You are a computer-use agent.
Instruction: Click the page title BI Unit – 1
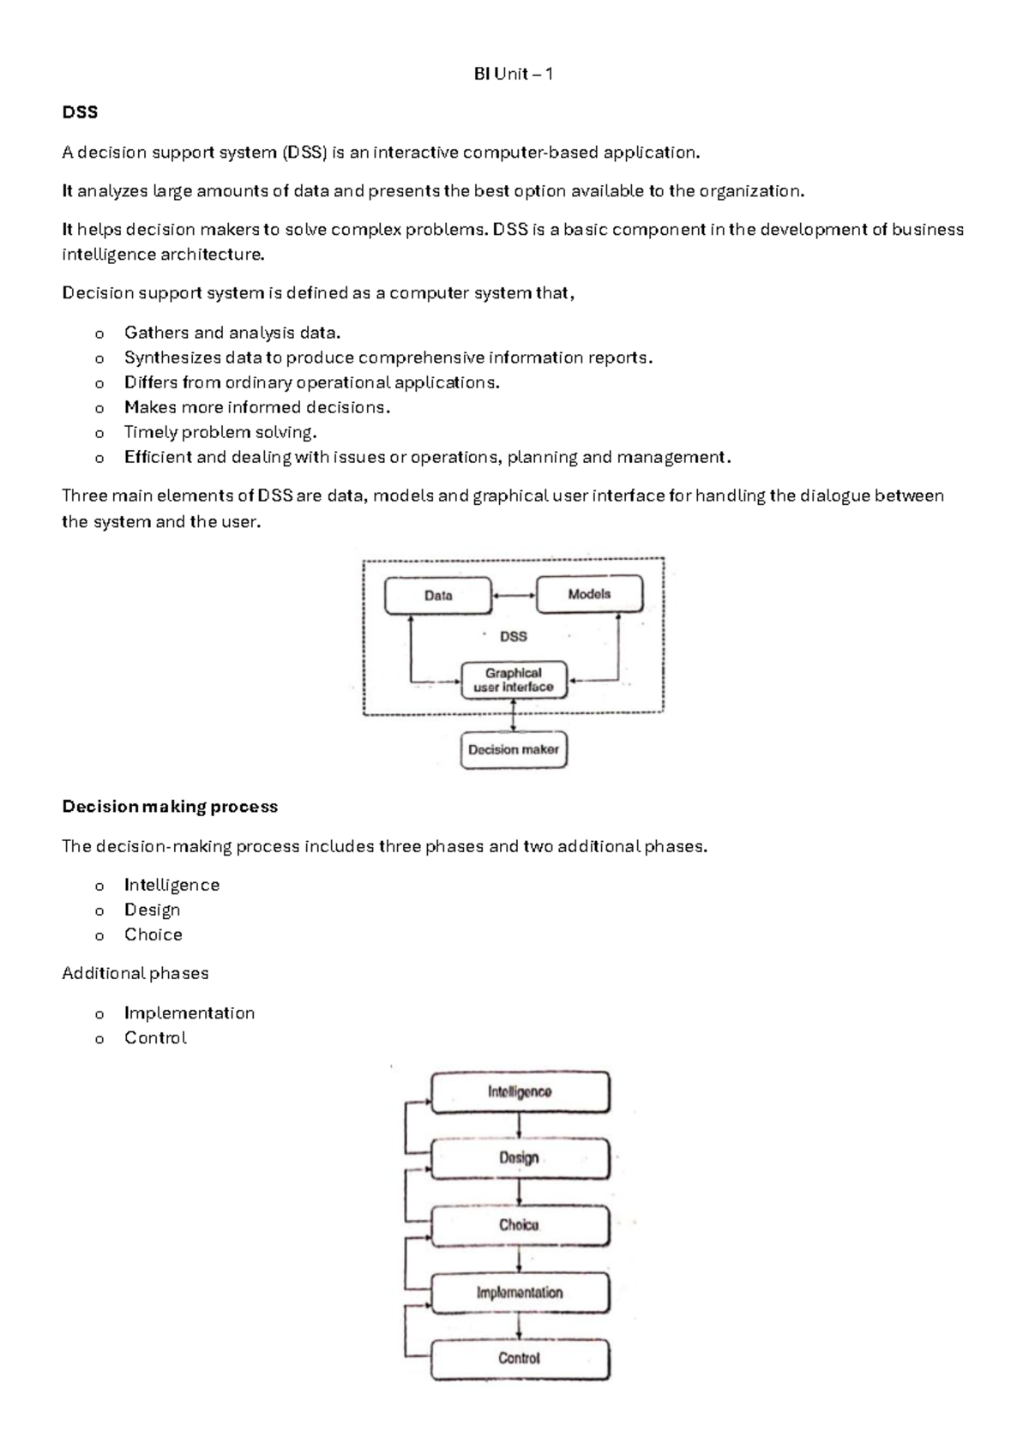(513, 74)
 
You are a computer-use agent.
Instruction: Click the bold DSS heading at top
(80, 112)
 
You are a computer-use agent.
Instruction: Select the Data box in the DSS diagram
(438, 595)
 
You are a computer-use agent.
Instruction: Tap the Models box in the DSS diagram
(589, 594)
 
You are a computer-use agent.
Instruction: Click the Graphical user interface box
(514, 680)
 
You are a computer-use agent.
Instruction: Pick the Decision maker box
(514, 749)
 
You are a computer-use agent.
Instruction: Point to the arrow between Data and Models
(514, 595)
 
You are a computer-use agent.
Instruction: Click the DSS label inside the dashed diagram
(513, 636)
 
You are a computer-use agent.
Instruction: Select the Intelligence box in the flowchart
(520, 1091)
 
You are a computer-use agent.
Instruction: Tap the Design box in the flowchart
(520, 1157)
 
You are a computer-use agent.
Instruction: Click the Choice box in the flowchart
(520, 1225)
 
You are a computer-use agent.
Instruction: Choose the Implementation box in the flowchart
(520, 1292)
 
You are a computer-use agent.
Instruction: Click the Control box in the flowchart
(520, 1358)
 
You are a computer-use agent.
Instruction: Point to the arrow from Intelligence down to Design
(519, 1125)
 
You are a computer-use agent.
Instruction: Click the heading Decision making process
(170, 807)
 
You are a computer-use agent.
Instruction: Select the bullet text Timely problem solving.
(220, 432)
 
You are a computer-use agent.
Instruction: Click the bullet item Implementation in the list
(190, 1012)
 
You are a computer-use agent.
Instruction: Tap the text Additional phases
(135, 973)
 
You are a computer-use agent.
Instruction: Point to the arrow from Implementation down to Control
(519, 1325)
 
